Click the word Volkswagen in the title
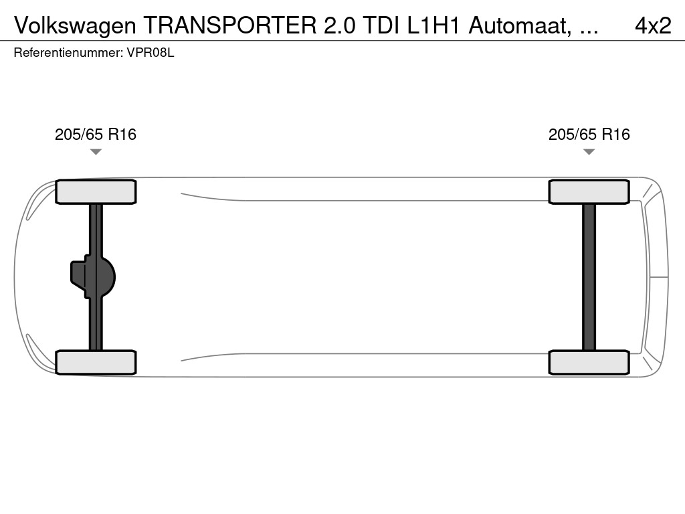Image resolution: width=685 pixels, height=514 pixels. [75, 26]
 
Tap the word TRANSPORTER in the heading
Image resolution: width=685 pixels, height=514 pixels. [230, 25]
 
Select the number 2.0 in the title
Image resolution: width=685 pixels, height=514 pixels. [339, 25]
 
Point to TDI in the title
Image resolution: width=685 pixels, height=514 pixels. [381, 25]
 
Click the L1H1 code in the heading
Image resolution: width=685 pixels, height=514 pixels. [433, 25]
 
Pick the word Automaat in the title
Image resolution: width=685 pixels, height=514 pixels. [520, 26]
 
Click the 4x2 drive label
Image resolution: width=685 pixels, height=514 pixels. [653, 26]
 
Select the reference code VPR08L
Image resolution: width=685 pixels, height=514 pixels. [151, 53]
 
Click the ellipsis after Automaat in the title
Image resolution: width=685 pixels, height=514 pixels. [589, 32]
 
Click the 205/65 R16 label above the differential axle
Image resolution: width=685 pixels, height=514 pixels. [96, 134]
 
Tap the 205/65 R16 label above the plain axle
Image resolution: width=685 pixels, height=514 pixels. [589, 134]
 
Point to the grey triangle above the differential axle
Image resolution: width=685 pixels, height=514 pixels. [96, 152]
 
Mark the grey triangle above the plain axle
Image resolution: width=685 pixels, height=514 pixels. [589, 152]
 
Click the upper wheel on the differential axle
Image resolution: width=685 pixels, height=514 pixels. [96, 192]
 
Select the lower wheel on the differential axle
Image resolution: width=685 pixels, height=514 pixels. [96, 362]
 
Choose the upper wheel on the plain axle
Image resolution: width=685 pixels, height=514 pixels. [589, 192]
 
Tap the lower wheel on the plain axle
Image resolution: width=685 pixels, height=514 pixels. [589, 362]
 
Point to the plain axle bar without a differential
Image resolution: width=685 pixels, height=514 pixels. [589, 277]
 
